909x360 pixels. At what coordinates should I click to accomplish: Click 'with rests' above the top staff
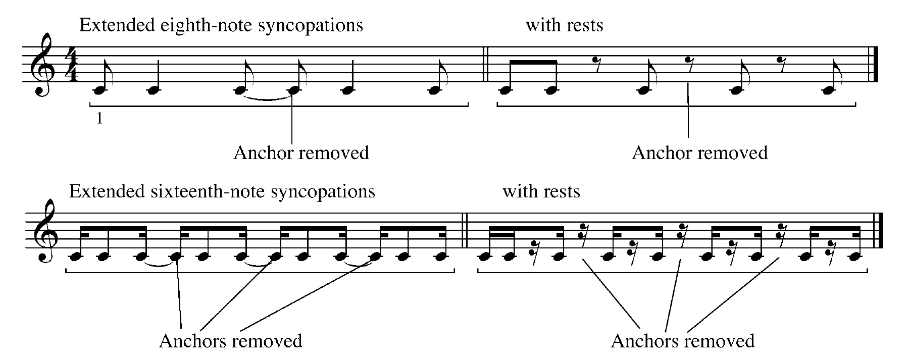tap(564, 25)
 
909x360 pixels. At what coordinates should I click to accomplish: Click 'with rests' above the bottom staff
tap(541, 191)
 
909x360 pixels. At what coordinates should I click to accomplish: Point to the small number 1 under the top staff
tap(99, 119)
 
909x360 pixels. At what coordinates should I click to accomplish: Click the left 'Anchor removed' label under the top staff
tap(301, 152)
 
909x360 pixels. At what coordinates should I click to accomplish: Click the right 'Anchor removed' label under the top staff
tap(699, 152)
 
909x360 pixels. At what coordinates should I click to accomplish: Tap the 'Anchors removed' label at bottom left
tap(230, 341)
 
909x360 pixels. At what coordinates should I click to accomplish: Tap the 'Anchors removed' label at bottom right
tap(682, 341)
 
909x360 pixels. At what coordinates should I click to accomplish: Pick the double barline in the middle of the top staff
tap(485, 64)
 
